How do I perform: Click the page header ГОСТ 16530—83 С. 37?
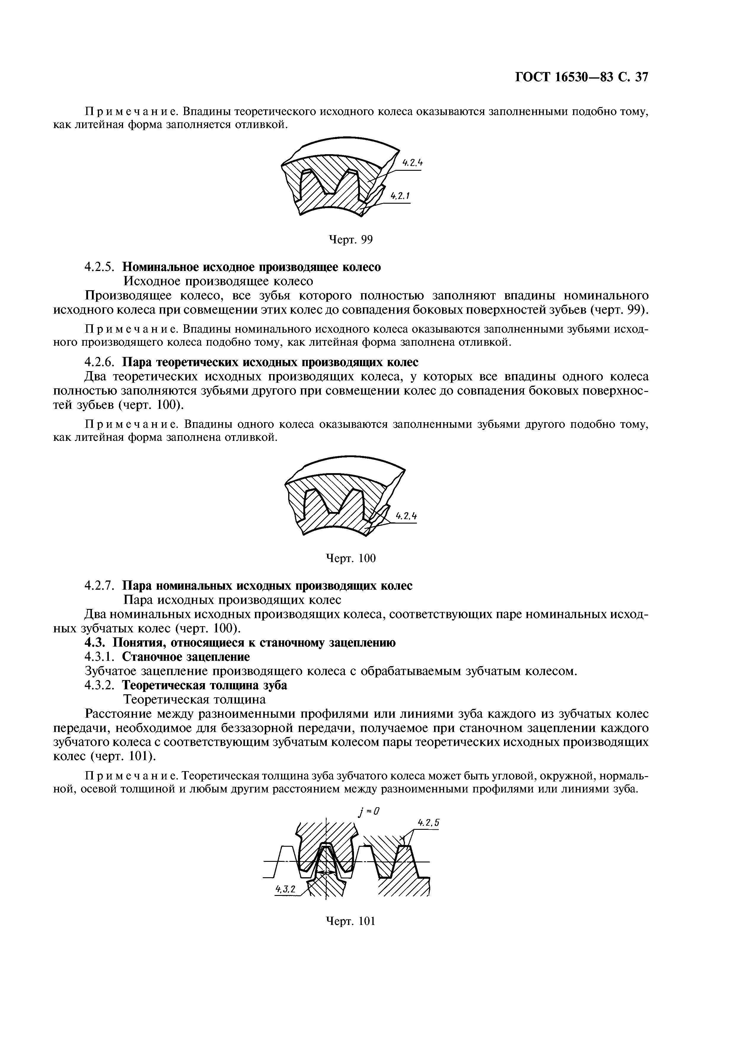tap(581, 77)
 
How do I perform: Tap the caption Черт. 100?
tap(351, 559)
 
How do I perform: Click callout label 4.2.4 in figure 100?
tap(406, 516)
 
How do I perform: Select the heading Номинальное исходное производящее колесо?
tap(252, 267)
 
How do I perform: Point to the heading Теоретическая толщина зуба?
tap(205, 685)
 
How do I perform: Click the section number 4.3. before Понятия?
tap(96, 643)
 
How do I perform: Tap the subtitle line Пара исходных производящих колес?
tap(232, 600)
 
